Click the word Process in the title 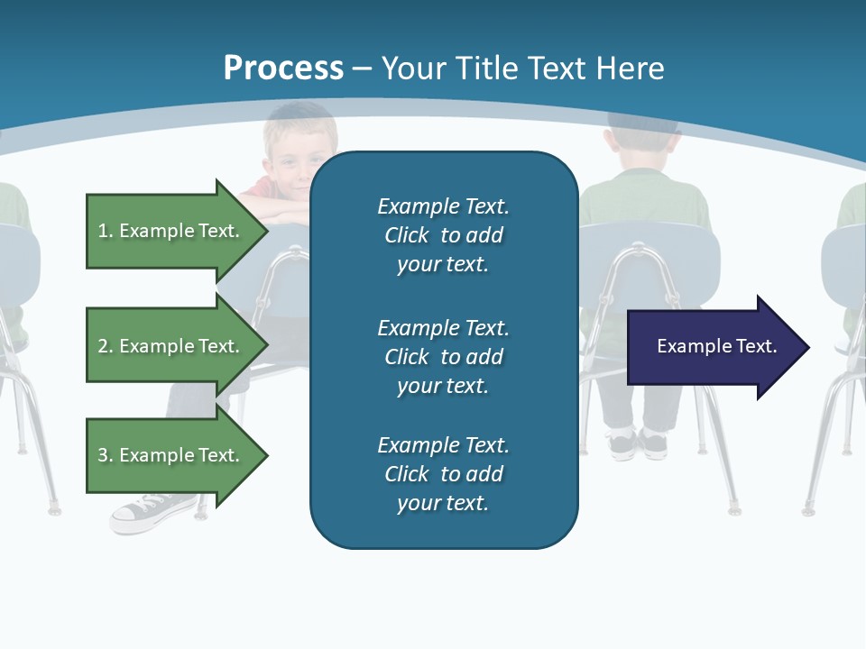283,69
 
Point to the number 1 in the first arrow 103,231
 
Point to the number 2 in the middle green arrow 103,346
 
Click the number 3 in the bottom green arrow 103,455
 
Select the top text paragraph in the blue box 443,235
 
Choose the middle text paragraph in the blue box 443,357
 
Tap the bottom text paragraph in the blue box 443,474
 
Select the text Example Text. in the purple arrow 717,346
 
